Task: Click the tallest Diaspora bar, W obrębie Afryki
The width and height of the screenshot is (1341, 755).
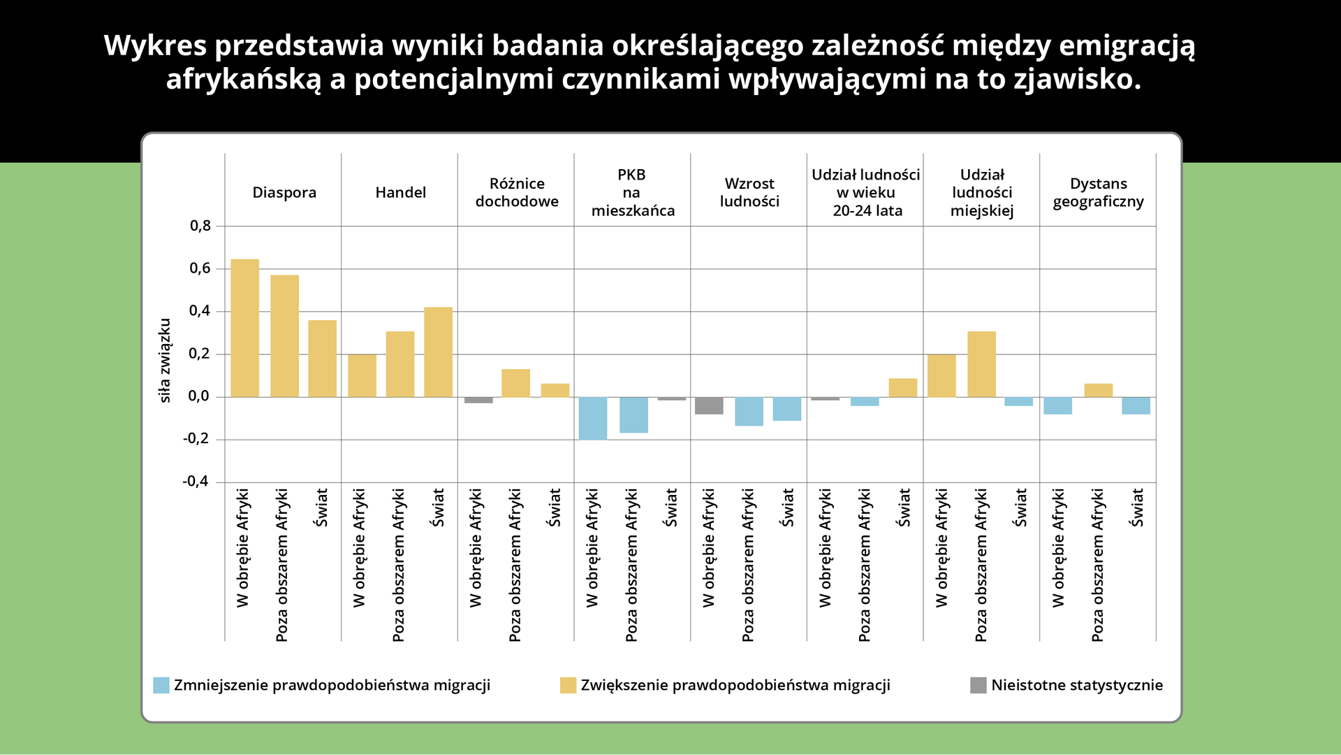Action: click(x=244, y=328)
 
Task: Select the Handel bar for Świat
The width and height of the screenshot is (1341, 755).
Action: click(x=438, y=352)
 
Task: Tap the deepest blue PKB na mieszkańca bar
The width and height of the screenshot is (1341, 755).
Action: click(x=593, y=418)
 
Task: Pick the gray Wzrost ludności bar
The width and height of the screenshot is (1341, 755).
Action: click(x=709, y=405)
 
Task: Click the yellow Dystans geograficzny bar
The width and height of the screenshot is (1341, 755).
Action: click(x=1098, y=390)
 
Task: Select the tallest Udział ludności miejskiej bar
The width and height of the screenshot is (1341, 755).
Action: click(x=981, y=364)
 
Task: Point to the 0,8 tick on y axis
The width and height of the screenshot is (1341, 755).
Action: click(x=200, y=226)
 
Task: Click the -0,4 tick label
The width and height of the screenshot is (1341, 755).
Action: click(x=196, y=482)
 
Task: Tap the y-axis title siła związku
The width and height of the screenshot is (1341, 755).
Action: click(x=165, y=360)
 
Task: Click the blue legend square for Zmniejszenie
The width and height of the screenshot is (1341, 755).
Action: click(x=161, y=685)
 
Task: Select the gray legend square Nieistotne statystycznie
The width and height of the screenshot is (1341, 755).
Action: click(x=978, y=685)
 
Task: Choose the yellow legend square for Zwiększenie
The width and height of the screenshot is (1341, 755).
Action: click(x=568, y=685)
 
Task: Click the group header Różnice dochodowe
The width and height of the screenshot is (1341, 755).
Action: click(x=517, y=192)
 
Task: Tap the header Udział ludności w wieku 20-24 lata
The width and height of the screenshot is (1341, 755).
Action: click(x=865, y=192)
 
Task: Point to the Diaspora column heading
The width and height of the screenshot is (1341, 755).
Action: click(x=284, y=192)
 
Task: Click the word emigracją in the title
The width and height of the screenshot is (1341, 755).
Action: click(x=1127, y=45)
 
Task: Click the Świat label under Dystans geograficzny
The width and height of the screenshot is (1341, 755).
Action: click(x=1137, y=508)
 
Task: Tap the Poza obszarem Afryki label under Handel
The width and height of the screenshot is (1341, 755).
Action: click(x=398, y=565)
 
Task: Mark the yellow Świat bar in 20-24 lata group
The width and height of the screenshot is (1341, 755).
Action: click(x=902, y=387)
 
